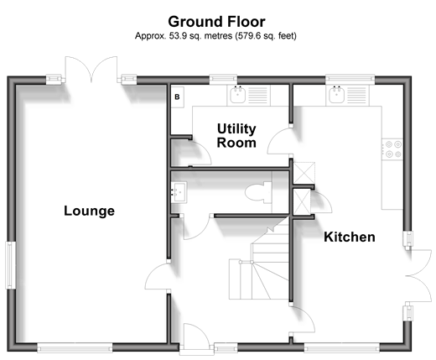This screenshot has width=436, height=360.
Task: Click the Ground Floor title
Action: click(216, 22)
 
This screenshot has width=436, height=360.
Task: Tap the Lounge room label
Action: click(89, 211)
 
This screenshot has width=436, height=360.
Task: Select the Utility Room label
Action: click(236, 136)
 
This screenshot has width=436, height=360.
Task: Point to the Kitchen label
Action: click(350, 237)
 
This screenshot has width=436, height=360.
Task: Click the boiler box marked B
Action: click(177, 97)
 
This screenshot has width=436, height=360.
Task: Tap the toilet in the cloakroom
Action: click(258, 192)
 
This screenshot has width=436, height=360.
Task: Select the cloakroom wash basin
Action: click(179, 192)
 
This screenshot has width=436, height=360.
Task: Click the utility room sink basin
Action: click(238, 95)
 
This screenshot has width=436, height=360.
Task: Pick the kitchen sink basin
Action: click(336, 95)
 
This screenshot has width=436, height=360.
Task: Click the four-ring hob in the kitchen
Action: click(393, 149)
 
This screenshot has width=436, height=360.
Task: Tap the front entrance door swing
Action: click(196, 337)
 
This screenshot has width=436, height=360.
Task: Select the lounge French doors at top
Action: click(91, 70)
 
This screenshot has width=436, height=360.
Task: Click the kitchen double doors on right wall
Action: click(418, 276)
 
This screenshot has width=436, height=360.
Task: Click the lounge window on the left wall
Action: click(11, 265)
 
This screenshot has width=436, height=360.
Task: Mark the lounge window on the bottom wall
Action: click(75, 348)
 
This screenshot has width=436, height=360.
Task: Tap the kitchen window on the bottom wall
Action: click(342, 348)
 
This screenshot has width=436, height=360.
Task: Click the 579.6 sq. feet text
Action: click(266, 36)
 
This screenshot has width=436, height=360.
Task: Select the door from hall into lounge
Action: click(158, 276)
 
